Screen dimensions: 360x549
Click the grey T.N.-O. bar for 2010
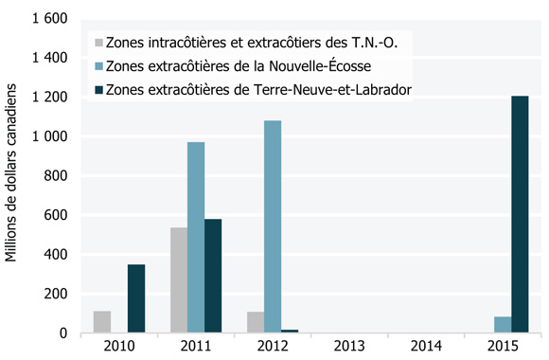tap(101, 322)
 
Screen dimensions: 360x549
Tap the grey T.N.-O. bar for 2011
tap(178, 280)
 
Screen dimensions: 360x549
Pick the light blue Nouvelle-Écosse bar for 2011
tap(196, 238)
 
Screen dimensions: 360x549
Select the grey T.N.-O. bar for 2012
tap(255, 322)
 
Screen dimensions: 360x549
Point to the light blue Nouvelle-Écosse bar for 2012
tap(273, 226)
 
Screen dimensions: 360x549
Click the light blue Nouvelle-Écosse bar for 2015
tap(503, 325)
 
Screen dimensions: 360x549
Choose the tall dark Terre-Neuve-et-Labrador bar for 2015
tap(520, 214)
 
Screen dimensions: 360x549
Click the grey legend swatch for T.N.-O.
tap(97, 43)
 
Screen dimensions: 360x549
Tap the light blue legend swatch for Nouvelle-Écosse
tap(97, 66)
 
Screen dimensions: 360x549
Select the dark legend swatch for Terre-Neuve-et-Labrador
tap(97, 90)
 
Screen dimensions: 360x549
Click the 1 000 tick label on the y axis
tap(48, 136)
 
